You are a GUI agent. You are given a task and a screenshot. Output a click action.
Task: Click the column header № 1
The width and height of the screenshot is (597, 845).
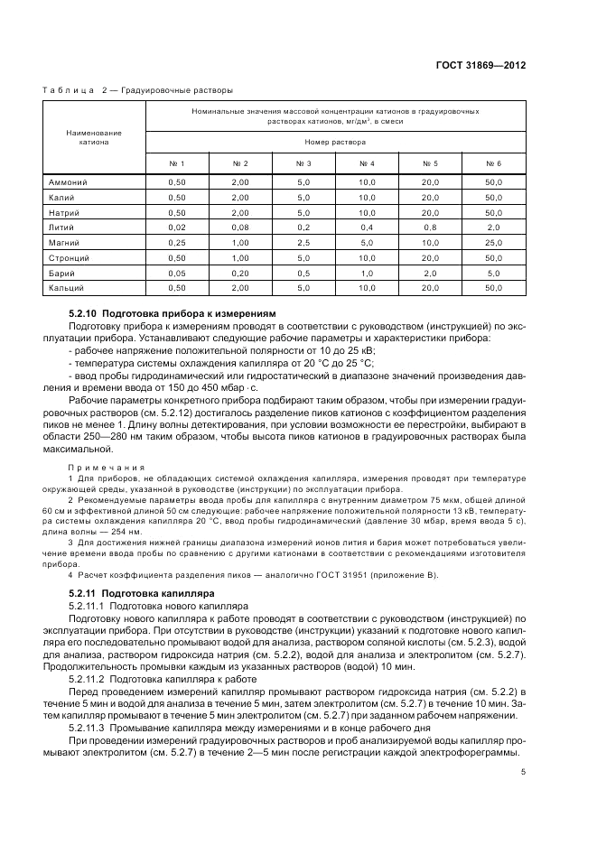(177, 163)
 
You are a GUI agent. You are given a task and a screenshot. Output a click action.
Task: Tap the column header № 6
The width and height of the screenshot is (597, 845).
(493, 163)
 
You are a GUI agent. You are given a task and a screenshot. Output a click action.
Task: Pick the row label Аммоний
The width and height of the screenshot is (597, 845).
(69, 182)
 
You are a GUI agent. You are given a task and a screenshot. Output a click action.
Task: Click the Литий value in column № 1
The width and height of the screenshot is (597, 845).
(177, 227)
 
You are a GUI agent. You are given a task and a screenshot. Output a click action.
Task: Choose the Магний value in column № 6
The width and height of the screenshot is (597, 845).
(493, 243)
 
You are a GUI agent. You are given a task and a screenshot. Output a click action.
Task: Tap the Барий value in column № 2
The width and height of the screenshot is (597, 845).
(240, 273)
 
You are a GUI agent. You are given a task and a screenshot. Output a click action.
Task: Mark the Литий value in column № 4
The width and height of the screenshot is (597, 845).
(367, 227)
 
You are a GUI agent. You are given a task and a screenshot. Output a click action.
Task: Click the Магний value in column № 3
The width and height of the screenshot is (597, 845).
(303, 243)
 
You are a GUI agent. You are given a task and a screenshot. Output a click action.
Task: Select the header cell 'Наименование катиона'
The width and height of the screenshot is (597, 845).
(94, 137)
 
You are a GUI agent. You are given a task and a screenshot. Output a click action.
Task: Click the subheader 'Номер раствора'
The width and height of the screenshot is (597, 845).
(335, 142)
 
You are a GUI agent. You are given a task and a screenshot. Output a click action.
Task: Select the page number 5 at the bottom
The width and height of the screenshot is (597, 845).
(523, 771)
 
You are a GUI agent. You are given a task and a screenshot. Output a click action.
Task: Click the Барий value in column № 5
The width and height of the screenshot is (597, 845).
(430, 273)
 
